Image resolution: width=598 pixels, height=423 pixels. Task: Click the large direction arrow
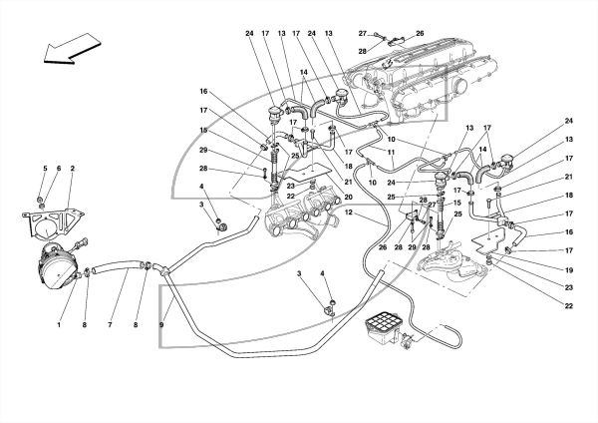coord(72,49)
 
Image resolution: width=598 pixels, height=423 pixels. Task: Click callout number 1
coord(59,325)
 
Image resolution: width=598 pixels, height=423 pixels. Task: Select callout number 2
coord(72,168)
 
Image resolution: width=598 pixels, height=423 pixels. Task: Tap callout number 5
coord(45,168)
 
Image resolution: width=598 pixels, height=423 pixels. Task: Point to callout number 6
coord(59,168)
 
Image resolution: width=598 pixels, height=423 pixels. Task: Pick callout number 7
coord(110,325)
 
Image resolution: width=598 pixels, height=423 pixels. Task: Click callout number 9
coord(161,325)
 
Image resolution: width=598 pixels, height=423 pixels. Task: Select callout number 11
coord(390,152)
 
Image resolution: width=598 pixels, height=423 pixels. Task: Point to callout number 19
coord(569,270)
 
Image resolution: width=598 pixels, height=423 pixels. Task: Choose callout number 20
coord(348,197)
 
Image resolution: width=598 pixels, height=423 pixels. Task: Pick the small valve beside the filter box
coord(407,340)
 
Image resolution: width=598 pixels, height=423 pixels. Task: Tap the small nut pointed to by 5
coord(40,200)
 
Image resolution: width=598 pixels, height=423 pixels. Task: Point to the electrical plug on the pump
coord(83,243)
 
